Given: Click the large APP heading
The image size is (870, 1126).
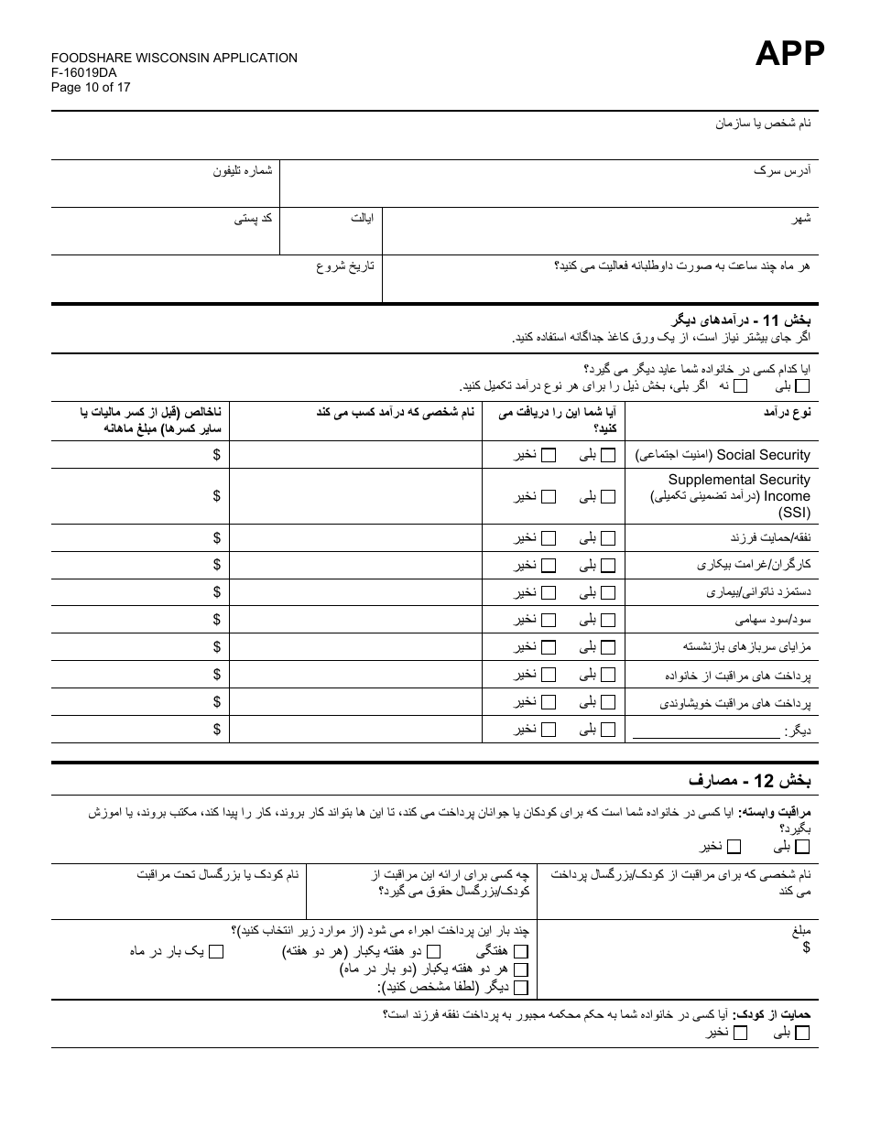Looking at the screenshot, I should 789,55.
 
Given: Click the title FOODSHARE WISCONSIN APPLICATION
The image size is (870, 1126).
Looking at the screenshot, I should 174,58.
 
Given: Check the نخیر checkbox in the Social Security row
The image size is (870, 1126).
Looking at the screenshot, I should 549,455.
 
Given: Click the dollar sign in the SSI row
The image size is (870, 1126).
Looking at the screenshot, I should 216,495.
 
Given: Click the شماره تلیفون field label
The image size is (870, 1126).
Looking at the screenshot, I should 244,171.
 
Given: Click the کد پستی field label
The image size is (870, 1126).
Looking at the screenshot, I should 254,219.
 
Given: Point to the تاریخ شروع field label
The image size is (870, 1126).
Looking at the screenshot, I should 345,266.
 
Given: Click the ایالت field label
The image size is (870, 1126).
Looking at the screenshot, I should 362,219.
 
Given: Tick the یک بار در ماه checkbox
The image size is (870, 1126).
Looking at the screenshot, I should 216,952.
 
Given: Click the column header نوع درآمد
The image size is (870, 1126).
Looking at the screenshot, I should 787,413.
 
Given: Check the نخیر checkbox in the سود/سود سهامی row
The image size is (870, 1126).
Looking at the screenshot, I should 549,620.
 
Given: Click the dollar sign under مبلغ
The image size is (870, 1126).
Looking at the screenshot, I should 806,947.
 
